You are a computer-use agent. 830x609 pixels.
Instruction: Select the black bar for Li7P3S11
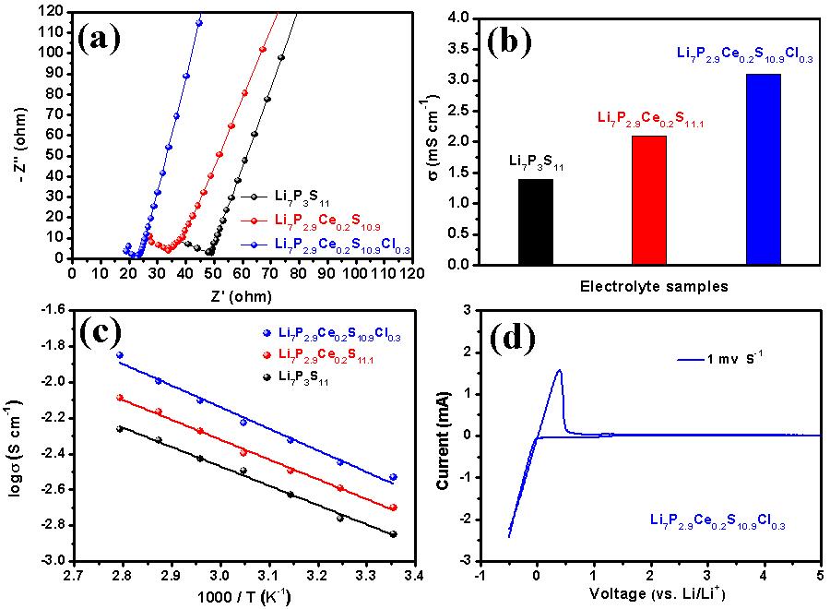[x=536, y=221]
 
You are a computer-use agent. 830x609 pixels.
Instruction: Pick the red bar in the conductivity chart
[x=648, y=200]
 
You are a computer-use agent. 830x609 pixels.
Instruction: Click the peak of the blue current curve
[x=559, y=371]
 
